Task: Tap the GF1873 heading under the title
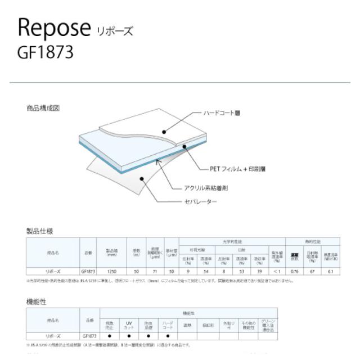46,52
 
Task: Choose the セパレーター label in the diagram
202,201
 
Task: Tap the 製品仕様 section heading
39,231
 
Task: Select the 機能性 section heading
37,301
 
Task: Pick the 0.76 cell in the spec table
294,271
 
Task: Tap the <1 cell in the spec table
276,271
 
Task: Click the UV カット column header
128,325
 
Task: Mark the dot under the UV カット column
128,336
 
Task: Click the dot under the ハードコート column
167,336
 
